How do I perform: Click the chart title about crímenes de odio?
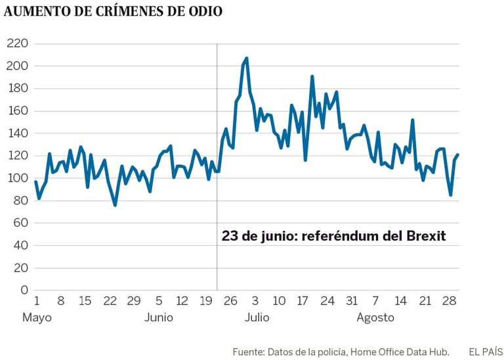[113, 12]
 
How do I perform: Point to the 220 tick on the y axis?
[18, 43]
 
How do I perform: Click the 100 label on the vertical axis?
[18, 178]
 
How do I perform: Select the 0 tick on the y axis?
[25, 290]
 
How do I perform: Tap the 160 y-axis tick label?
[18, 111]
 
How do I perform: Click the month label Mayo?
[37, 318]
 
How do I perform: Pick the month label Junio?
[159, 318]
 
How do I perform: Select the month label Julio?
[257, 318]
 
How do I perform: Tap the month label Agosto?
[375, 318]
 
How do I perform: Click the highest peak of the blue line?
[246, 58]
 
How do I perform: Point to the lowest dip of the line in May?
[115, 205]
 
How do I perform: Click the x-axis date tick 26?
[231, 301]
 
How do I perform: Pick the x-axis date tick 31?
[352, 301]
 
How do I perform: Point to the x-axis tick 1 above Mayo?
[36, 301]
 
